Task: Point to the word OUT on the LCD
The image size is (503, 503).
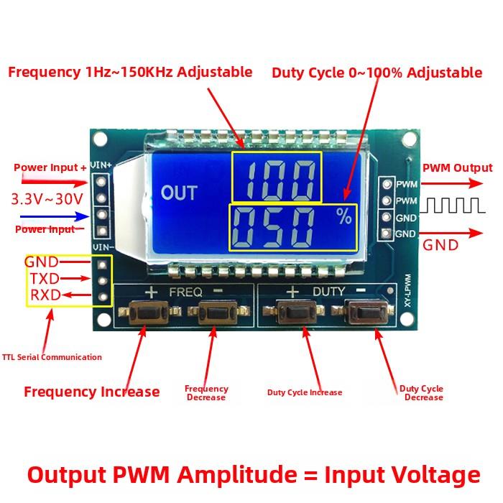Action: (178, 193)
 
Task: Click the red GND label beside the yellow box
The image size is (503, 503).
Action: (41, 262)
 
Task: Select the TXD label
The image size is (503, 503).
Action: (44, 279)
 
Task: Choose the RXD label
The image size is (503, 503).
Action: (44, 295)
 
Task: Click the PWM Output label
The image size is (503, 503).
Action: (457, 168)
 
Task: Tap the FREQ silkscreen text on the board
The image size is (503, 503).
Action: (185, 292)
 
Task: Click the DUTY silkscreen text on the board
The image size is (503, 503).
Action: (328, 292)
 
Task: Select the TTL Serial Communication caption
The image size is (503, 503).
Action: (52, 357)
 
